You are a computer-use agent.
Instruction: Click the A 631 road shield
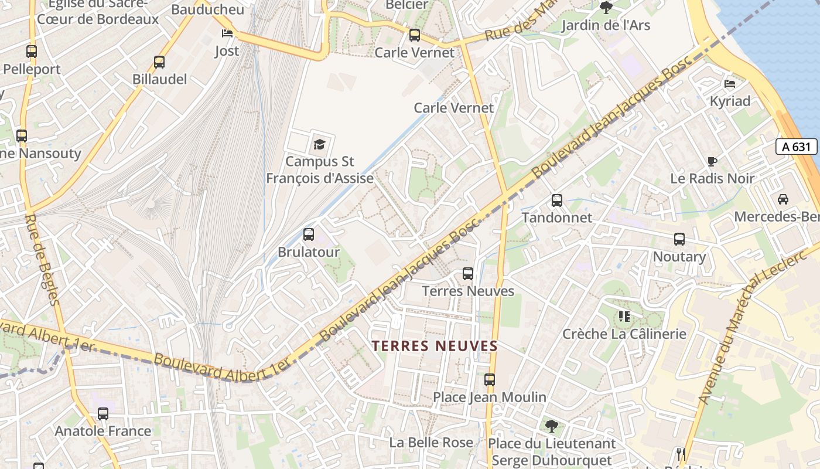796,147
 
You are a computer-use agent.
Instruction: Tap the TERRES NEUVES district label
435,346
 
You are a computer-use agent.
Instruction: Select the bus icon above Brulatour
309,235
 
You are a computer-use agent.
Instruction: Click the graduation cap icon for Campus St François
319,144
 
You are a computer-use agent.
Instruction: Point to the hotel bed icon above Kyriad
730,83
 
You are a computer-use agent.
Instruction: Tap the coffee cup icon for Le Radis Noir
712,161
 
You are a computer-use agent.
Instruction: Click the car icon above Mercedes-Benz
783,199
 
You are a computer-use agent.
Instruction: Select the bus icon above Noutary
679,239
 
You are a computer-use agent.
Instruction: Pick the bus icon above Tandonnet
557,200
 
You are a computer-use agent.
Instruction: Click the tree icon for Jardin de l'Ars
606,8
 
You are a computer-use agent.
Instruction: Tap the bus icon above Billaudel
159,62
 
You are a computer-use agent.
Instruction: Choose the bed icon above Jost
227,33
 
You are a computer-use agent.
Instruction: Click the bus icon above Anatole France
103,414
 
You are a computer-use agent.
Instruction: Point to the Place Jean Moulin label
490,397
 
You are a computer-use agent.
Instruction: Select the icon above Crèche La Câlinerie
624,317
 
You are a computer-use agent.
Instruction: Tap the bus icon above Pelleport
32,52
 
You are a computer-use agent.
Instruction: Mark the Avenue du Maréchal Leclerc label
744,331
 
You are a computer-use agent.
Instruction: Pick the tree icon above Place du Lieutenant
551,426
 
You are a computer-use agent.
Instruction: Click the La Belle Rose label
431,443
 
